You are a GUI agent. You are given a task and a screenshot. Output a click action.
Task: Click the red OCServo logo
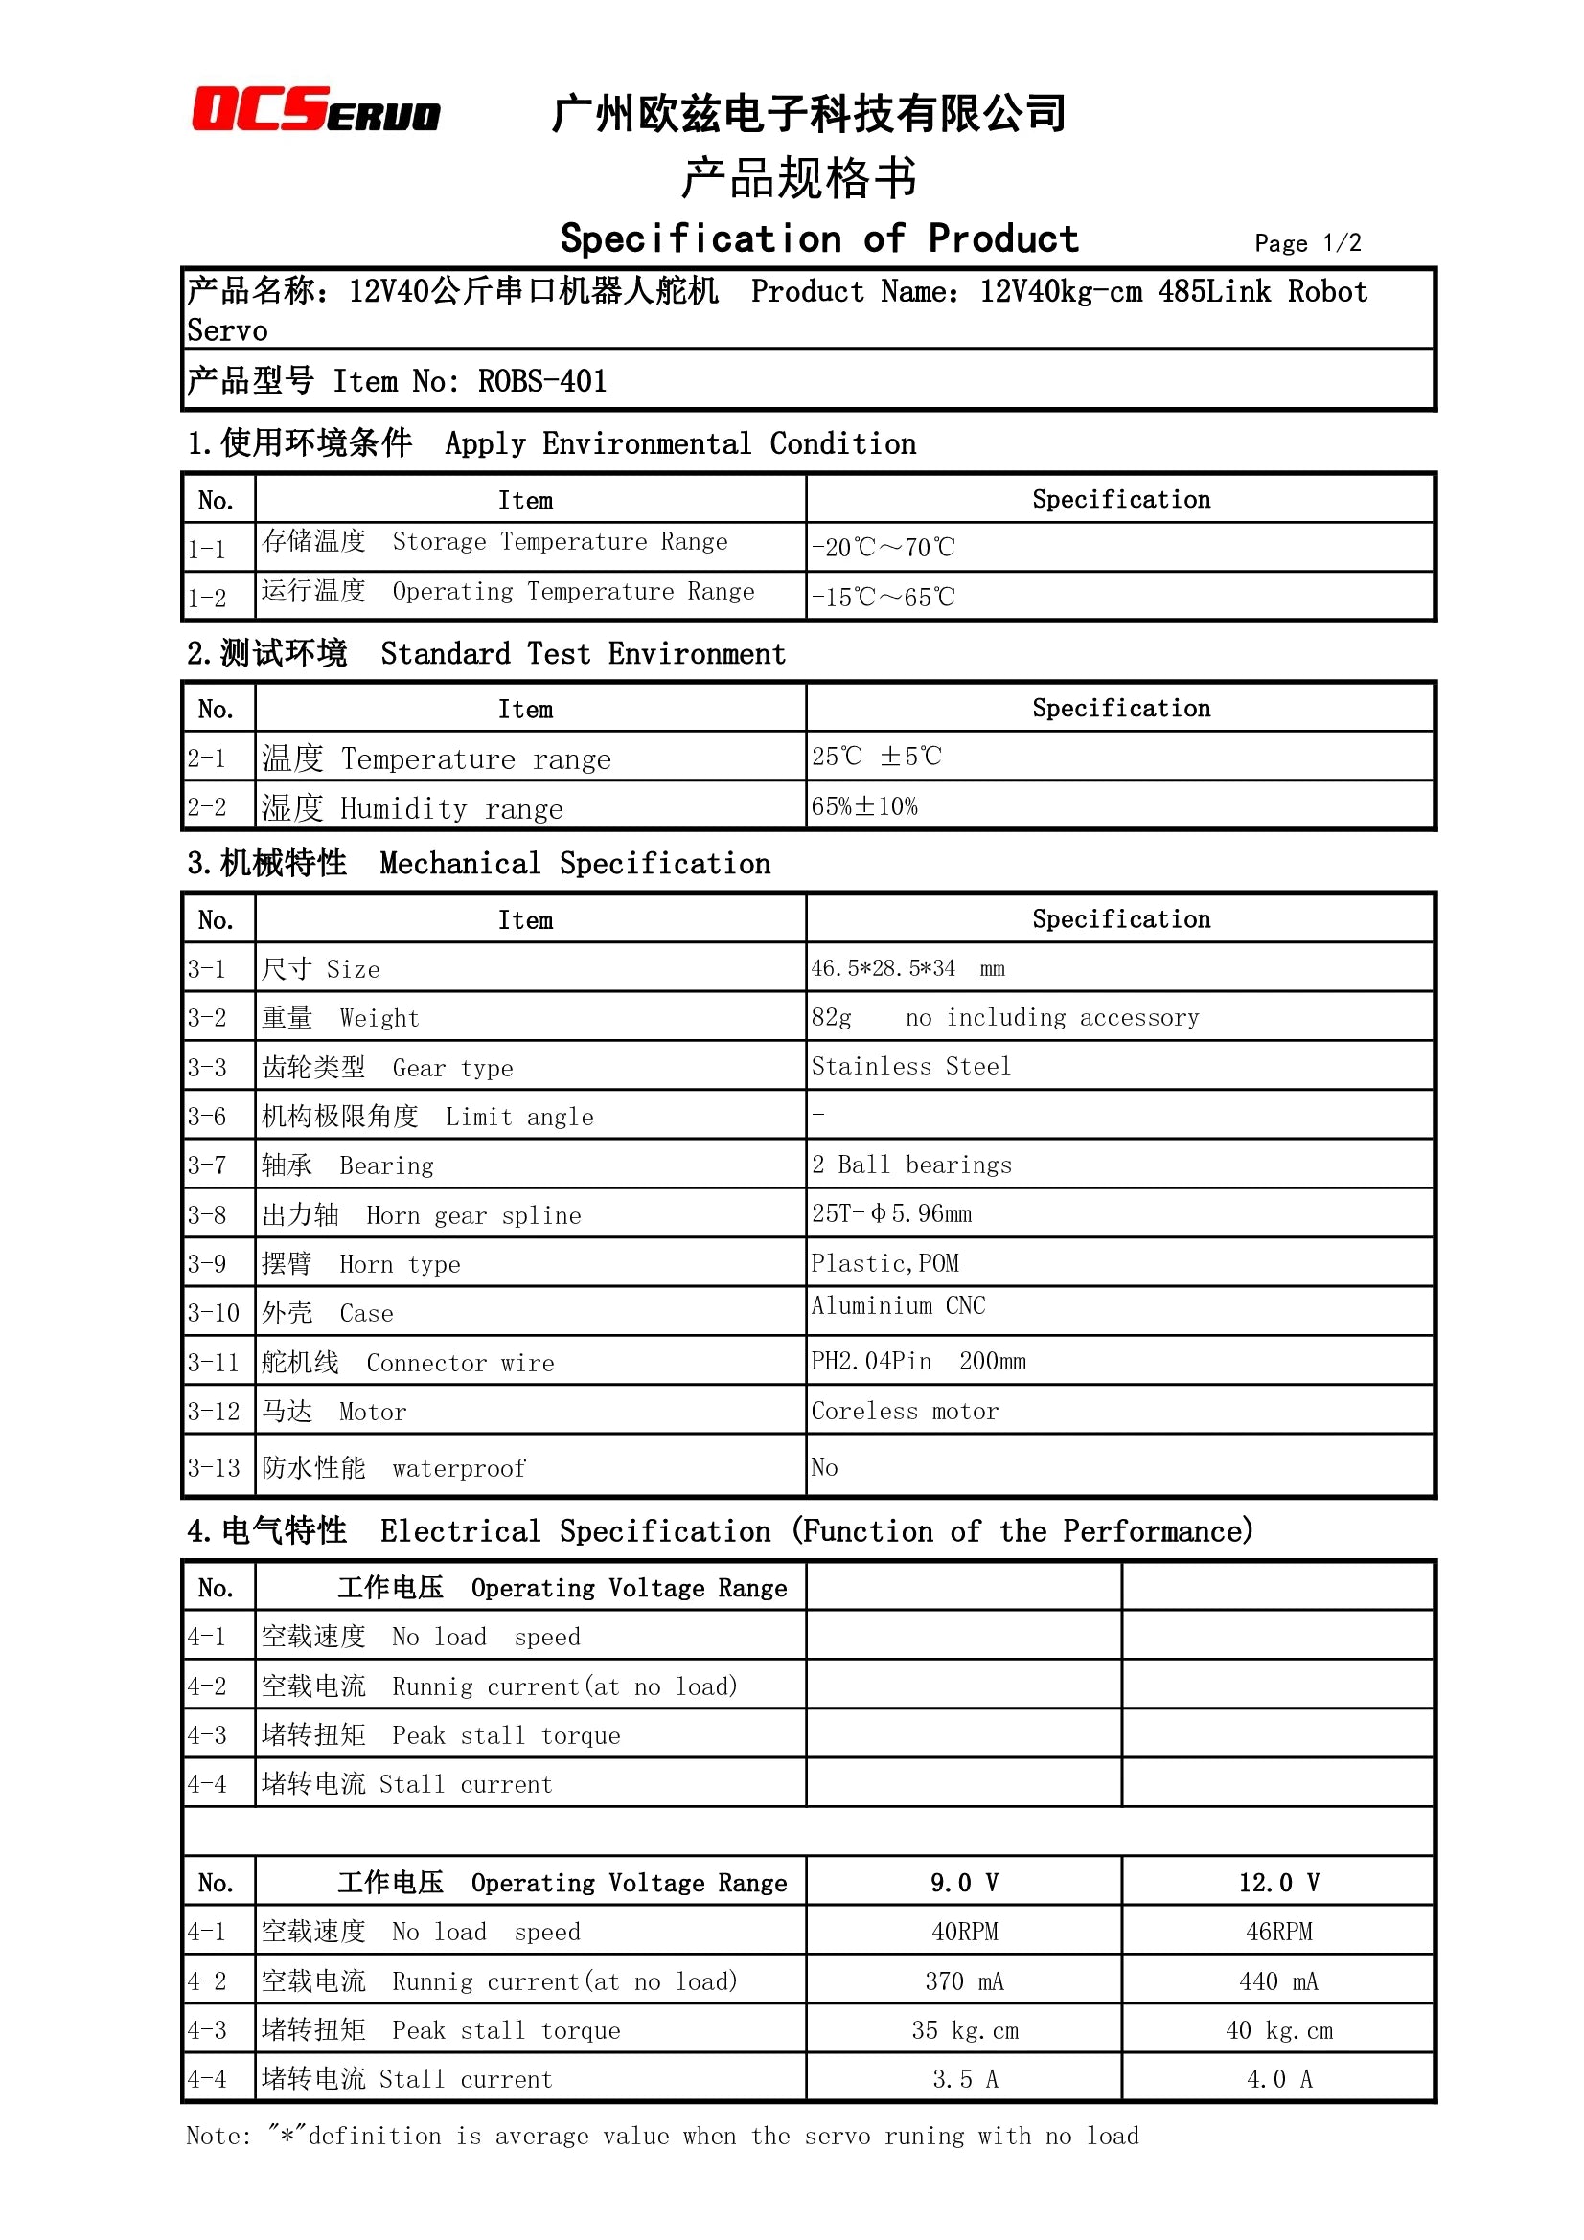[315, 109]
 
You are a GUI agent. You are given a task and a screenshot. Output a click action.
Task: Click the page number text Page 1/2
[1307, 243]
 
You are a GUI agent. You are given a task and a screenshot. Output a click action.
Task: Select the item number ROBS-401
[541, 381]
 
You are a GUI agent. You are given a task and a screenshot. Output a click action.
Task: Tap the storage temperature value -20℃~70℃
[883, 548]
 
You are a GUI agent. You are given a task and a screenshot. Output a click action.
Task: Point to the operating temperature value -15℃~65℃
[883, 597]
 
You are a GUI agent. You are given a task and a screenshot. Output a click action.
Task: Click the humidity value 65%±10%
[863, 806]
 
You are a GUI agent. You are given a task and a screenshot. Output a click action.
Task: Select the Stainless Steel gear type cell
[910, 1066]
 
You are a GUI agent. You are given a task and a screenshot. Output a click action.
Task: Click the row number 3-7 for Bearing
[207, 1165]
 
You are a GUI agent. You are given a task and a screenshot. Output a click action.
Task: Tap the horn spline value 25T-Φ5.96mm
[891, 1213]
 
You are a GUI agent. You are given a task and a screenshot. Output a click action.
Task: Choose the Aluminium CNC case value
[898, 1305]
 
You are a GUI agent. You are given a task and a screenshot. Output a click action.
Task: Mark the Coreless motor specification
[905, 1411]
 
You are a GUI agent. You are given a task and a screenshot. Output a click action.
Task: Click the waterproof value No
[824, 1467]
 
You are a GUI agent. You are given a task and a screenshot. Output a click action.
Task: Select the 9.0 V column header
[963, 1882]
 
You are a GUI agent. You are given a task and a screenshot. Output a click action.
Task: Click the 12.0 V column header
[1278, 1882]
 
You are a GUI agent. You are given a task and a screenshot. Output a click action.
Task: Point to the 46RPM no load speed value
[1278, 1932]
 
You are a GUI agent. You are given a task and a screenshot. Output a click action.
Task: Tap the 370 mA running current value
[963, 1981]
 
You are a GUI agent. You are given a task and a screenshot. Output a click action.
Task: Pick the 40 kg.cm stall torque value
[1278, 2030]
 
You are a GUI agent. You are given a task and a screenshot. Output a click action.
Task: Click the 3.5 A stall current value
[963, 2079]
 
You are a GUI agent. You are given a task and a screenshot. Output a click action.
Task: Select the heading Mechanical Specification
[575, 864]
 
